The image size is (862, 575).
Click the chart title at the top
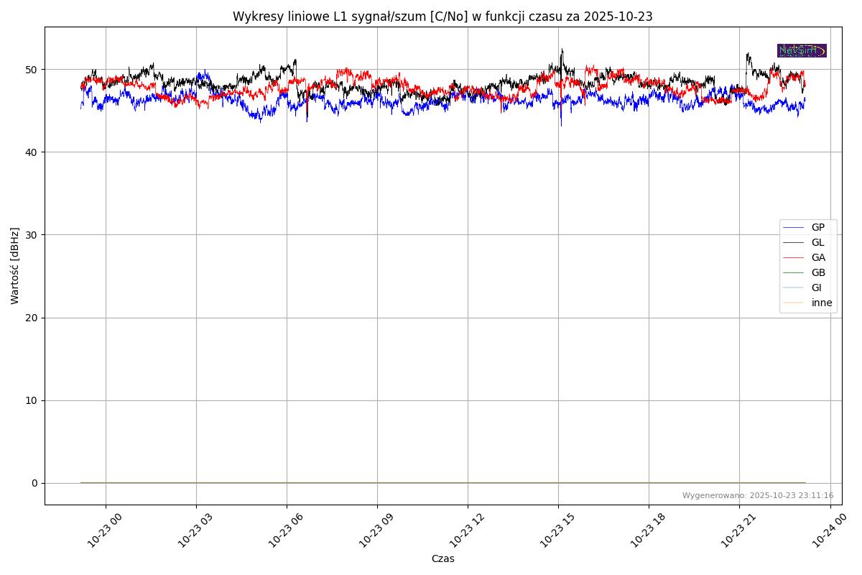[442, 17]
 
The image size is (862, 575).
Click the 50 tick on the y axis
[32, 70]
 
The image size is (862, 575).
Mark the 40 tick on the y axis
[32, 152]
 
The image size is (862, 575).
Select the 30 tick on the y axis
[32, 235]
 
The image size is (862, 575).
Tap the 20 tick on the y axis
[32, 318]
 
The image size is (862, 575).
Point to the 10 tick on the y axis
[32, 400]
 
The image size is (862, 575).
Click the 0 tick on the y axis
[34, 483]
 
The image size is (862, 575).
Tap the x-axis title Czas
[442, 558]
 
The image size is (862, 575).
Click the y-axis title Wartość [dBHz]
[15, 266]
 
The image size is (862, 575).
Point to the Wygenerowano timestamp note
[758, 495]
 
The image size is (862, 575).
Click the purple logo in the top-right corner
[802, 50]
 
